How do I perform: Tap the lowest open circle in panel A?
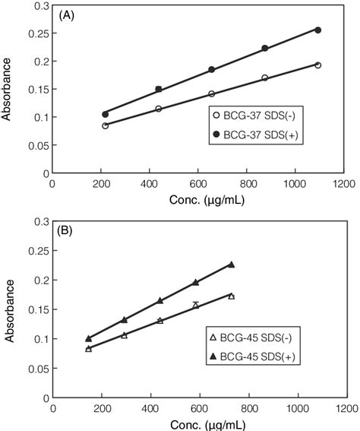tap(105, 125)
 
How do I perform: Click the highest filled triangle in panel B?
tap(232, 265)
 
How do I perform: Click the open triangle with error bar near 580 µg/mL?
tap(196, 305)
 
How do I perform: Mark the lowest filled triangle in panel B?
tap(88, 338)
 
